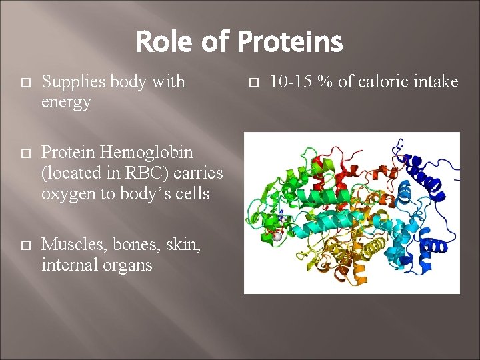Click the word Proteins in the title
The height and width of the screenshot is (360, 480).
[x=289, y=43]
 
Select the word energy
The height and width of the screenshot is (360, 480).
[x=66, y=103]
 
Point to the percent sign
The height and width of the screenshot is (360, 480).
[x=325, y=82]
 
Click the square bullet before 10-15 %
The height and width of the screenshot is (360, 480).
[x=253, y=83]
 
